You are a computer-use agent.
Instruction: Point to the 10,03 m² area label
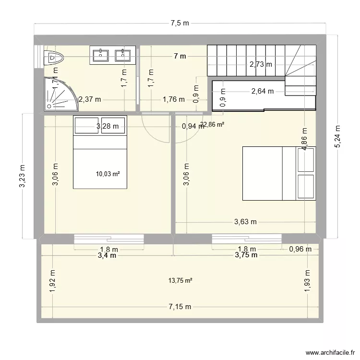click(x=108, y=174)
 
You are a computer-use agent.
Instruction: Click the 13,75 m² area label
click(x=180, y=281)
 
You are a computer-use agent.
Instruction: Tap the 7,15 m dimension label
click(x=180, y=307)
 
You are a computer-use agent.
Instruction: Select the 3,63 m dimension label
click(x=245, y=222)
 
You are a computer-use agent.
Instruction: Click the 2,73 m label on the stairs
click(x=260, y=64)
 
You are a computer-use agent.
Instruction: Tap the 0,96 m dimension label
click(x=300, y=249)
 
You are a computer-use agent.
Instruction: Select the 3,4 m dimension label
click(x=107, y=255)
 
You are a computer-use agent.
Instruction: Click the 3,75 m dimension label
click(x=246, y=255)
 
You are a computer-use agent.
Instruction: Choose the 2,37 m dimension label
click(x=90, y=100)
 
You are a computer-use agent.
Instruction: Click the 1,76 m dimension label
click(x=173, y=100)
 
